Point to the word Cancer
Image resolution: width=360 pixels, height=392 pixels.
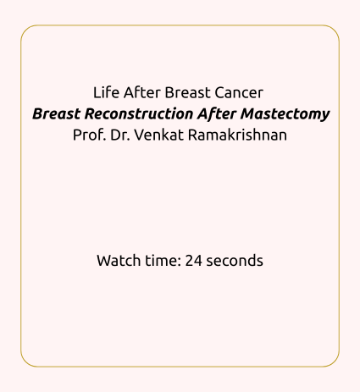pyautogui.click(x=239, y=92)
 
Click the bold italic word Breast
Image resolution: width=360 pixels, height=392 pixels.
pyautogui.click(x=56, y=113)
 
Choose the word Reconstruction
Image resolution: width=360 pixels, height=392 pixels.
pyautogui.click(x=139, y=113)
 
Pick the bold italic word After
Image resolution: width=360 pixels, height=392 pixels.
pyautogui.click(x=217, y=113)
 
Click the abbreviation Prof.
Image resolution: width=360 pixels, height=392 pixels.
pyautogui.click(x=90, y=135)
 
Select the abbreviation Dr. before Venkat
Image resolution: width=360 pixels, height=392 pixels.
pyautogui.click(x=120, y=135)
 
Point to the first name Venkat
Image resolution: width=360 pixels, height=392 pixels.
pyautogui.click(x=159, y=135)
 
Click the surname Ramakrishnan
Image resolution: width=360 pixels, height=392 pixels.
pyautogui.click(x=237, y=135)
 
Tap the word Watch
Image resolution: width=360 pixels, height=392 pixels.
pyautogui.click(x=119, y=260)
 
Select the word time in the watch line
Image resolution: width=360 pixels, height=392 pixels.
pyautogui.click(x=163, y=260)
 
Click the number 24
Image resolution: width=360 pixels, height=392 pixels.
pyautogui.click(x=194, y=260)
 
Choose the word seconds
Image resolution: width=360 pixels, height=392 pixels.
pyautogui.click(x=235, y=260)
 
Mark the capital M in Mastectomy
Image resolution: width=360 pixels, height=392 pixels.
pyautogui.click(x=248, y=113)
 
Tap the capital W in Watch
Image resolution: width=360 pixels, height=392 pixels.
pyautogui.click(x=105, y=261)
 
